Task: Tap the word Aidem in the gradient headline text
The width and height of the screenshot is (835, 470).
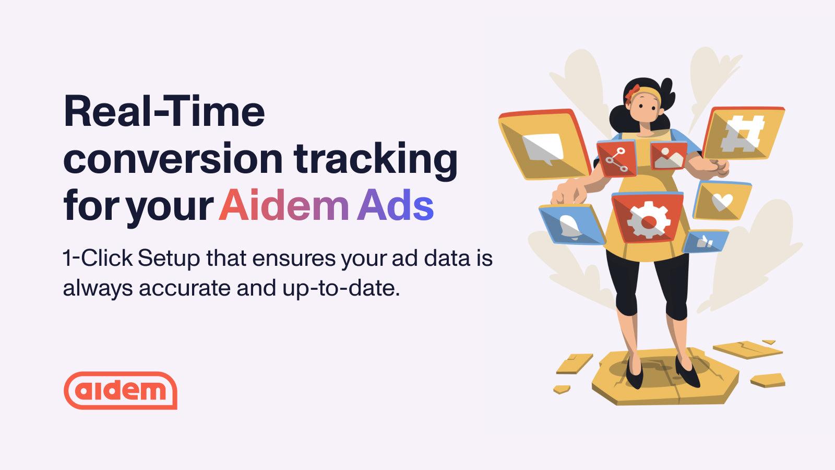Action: coord(283,206)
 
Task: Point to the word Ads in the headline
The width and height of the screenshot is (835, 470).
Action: coord(395,206)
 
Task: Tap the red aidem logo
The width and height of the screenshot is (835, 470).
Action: coord(121,390)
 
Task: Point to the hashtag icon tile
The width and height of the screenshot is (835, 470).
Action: coord(743,133)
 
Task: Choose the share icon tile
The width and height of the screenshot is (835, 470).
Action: coord(617,159)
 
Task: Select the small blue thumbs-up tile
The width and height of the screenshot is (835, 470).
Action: coord(706,242)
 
